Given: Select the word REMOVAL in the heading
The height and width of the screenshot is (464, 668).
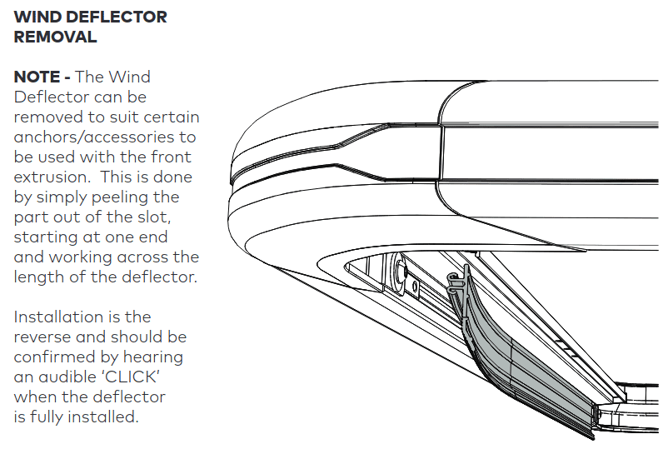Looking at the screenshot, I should tap(56, 37).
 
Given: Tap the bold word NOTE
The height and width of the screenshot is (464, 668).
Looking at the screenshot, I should tap(37, 77).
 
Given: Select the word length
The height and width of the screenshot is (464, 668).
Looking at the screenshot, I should tap(37, 277).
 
